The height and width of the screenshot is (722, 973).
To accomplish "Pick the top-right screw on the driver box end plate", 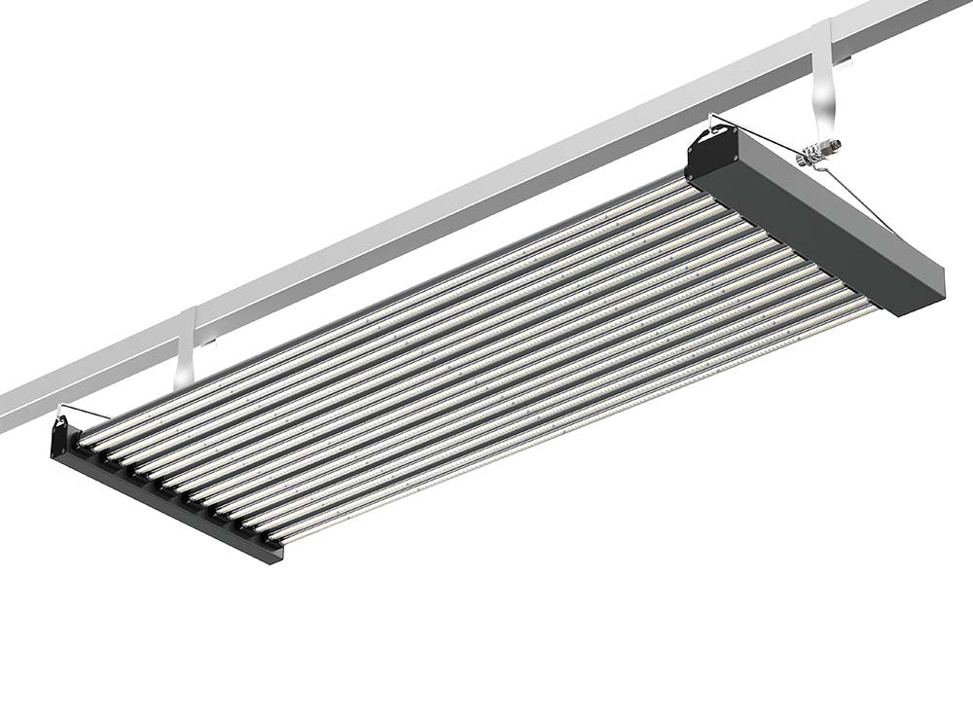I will (x=729, y=145).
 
